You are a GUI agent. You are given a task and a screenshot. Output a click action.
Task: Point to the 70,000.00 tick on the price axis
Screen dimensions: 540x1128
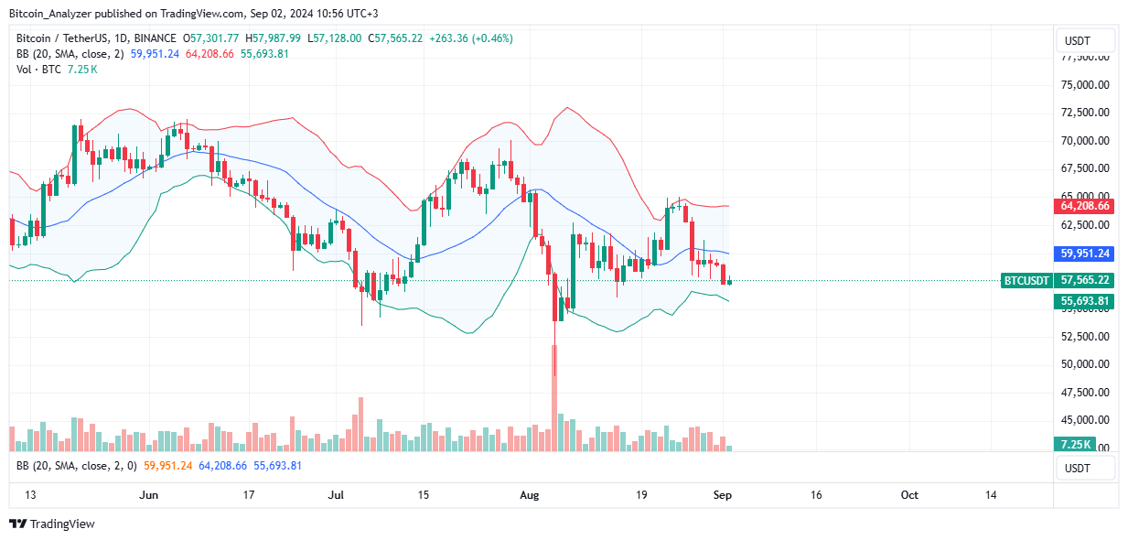click(1085, 141)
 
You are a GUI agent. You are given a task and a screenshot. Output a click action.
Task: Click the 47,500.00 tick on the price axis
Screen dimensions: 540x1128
click(1085, 393)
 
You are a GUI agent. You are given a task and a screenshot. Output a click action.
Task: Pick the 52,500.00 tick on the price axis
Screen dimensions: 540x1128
click(1085, 337)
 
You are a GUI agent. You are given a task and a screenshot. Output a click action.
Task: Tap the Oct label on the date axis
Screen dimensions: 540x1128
click(909, 495)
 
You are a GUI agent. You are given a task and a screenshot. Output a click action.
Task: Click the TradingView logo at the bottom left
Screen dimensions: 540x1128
click(52, 524)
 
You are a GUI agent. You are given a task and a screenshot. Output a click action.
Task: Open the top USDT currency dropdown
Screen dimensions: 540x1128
click(1086, 40)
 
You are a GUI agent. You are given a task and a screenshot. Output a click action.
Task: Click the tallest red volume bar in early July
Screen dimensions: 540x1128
click(361, 424)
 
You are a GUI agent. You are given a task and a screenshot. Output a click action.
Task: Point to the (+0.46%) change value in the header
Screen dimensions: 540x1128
click(491, 38)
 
